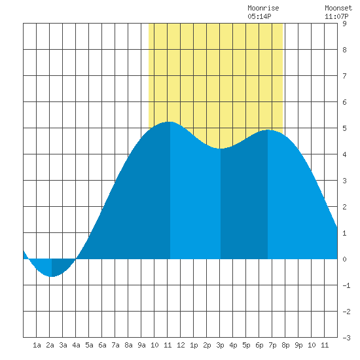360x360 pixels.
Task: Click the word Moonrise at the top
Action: tap(263, 8)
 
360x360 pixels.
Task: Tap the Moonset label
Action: tap(338, 8)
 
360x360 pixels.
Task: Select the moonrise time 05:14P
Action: tap(259, 16)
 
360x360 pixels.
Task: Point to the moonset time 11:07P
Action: tap(336, 16)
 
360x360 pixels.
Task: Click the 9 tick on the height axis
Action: tap(344, 24)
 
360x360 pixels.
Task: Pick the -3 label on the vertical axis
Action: tap(346, 338)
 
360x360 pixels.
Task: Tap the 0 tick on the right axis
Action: tap(344, 259)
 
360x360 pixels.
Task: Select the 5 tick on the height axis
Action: tap(344, 128)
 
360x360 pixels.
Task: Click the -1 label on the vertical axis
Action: tap(346, 285)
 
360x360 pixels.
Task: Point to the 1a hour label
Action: tap(37, 345)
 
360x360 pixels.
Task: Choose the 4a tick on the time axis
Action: tap(76, 345)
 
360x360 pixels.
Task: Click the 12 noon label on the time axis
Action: tap(181, 345)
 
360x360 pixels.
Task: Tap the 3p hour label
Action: tap(220, 345)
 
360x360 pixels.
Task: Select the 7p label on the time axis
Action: tap(272, 345)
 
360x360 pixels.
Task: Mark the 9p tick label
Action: tap(298, 345)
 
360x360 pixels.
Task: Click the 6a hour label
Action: tap(102, 345)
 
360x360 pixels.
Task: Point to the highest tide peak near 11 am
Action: tap(170, 122)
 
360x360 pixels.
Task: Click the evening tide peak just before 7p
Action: tap(268, 130)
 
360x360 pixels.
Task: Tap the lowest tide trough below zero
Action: tap(52, 276)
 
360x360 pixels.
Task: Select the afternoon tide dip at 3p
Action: tap(221, 149)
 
